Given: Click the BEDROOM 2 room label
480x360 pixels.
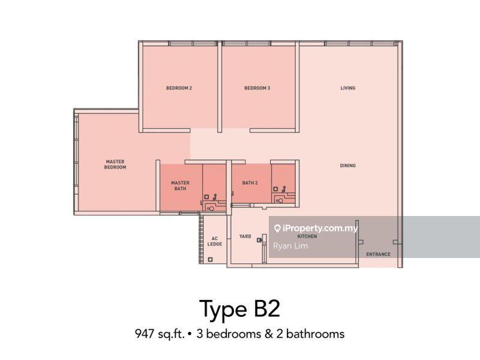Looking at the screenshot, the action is [179, 88].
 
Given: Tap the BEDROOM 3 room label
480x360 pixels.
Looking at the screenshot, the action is [257, 88].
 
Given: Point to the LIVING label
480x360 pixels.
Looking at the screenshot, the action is [348, 88].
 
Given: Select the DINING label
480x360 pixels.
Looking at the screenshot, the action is [348, 166].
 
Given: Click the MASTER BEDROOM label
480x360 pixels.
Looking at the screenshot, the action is [115, 164].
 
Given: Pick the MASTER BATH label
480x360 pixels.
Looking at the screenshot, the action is [181, 185].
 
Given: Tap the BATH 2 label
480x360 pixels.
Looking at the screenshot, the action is [250, 183].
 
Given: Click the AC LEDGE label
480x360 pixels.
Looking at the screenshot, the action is [215, 241].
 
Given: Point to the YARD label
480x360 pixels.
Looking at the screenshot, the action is [245, 236].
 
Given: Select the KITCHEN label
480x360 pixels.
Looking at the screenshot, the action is [307, 236].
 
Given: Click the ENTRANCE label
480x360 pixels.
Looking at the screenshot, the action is [379, 254].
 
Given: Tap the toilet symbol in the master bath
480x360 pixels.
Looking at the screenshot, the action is [211, 208].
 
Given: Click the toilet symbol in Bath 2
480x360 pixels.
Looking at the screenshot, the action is [279, 201].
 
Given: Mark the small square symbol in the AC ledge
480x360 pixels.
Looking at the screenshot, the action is [211, 260].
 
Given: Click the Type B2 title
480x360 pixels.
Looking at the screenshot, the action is [239, 309].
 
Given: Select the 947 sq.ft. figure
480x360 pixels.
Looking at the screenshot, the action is [160, 334].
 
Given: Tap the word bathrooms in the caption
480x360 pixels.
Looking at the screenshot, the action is [316, 334].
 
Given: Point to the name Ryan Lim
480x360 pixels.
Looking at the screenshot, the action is [290, 246].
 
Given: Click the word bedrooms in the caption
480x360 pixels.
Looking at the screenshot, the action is [234, 334].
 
